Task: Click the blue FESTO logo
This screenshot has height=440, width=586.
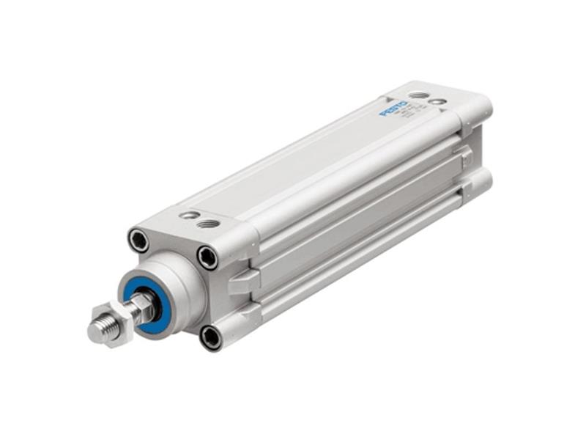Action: (393, 109)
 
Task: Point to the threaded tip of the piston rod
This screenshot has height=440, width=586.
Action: (99, 331)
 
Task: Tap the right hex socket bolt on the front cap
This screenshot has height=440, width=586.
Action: (207, 257)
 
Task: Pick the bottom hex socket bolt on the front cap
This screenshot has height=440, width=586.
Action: (210, 337)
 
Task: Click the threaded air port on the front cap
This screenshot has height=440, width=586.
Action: (209, 223)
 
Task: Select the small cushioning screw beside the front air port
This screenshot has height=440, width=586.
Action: (190, 216)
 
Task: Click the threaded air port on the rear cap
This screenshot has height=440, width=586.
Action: (418, 95)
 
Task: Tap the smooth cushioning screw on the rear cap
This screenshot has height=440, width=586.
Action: (439, 101)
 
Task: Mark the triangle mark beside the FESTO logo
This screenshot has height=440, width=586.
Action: (386, 98)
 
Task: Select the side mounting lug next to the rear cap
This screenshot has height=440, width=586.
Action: (463, 155)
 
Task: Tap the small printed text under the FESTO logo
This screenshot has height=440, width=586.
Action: (408, 111)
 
